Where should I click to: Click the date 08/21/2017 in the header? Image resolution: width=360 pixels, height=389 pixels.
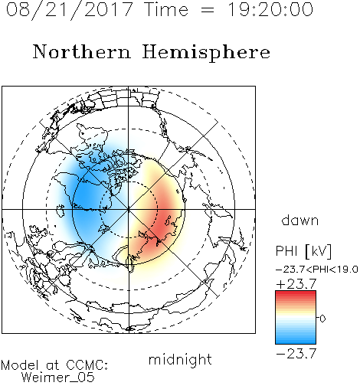(x=70, y=10)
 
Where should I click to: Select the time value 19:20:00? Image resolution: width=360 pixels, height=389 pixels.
(x=270, y=9)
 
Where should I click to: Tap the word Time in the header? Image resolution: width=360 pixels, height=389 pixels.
(x=166, y=9)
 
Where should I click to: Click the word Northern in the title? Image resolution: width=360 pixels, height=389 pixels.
(x=82, y=51)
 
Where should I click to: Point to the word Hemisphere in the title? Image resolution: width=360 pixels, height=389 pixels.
(x=206, y=53)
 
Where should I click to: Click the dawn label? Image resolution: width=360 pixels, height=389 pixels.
(x=300, y=220)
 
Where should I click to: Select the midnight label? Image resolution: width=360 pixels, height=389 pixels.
(x=180, y=359)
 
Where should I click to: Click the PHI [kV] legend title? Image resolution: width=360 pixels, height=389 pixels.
(x=303, y=251)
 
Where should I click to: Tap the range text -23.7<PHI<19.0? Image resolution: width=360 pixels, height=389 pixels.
(x=317, y=270)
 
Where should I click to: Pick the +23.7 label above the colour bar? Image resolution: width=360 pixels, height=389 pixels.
(x=296, y=284)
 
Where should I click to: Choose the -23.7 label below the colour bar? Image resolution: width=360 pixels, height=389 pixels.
(x=296, y=354)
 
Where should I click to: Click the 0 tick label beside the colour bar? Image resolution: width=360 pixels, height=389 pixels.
(x=322, y=319)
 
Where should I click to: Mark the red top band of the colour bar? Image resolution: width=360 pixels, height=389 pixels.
(x=296, y=294)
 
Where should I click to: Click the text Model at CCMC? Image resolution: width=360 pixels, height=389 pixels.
(x=54, y=365)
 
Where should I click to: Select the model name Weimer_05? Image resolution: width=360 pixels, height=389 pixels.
(x=58, y=378)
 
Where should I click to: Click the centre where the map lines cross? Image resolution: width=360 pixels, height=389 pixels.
(x=129, y=209)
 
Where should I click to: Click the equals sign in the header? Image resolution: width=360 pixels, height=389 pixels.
(x=208, y=10)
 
